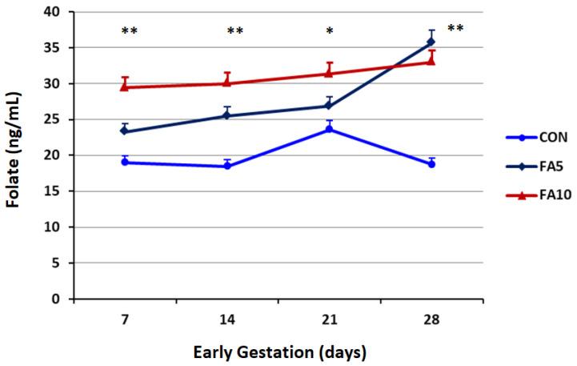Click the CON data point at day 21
(329, 129)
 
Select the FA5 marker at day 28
(431, 42)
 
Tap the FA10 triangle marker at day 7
(125, 86)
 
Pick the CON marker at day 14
(227, 166)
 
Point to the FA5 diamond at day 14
(227, 115)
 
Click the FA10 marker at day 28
(431, 61)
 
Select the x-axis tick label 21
(329, 319)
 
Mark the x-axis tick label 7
(125, 319)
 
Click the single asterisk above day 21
(330, 32)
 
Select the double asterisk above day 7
(129, 32)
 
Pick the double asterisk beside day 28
(455, 30)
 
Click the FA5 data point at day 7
(125, 131)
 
